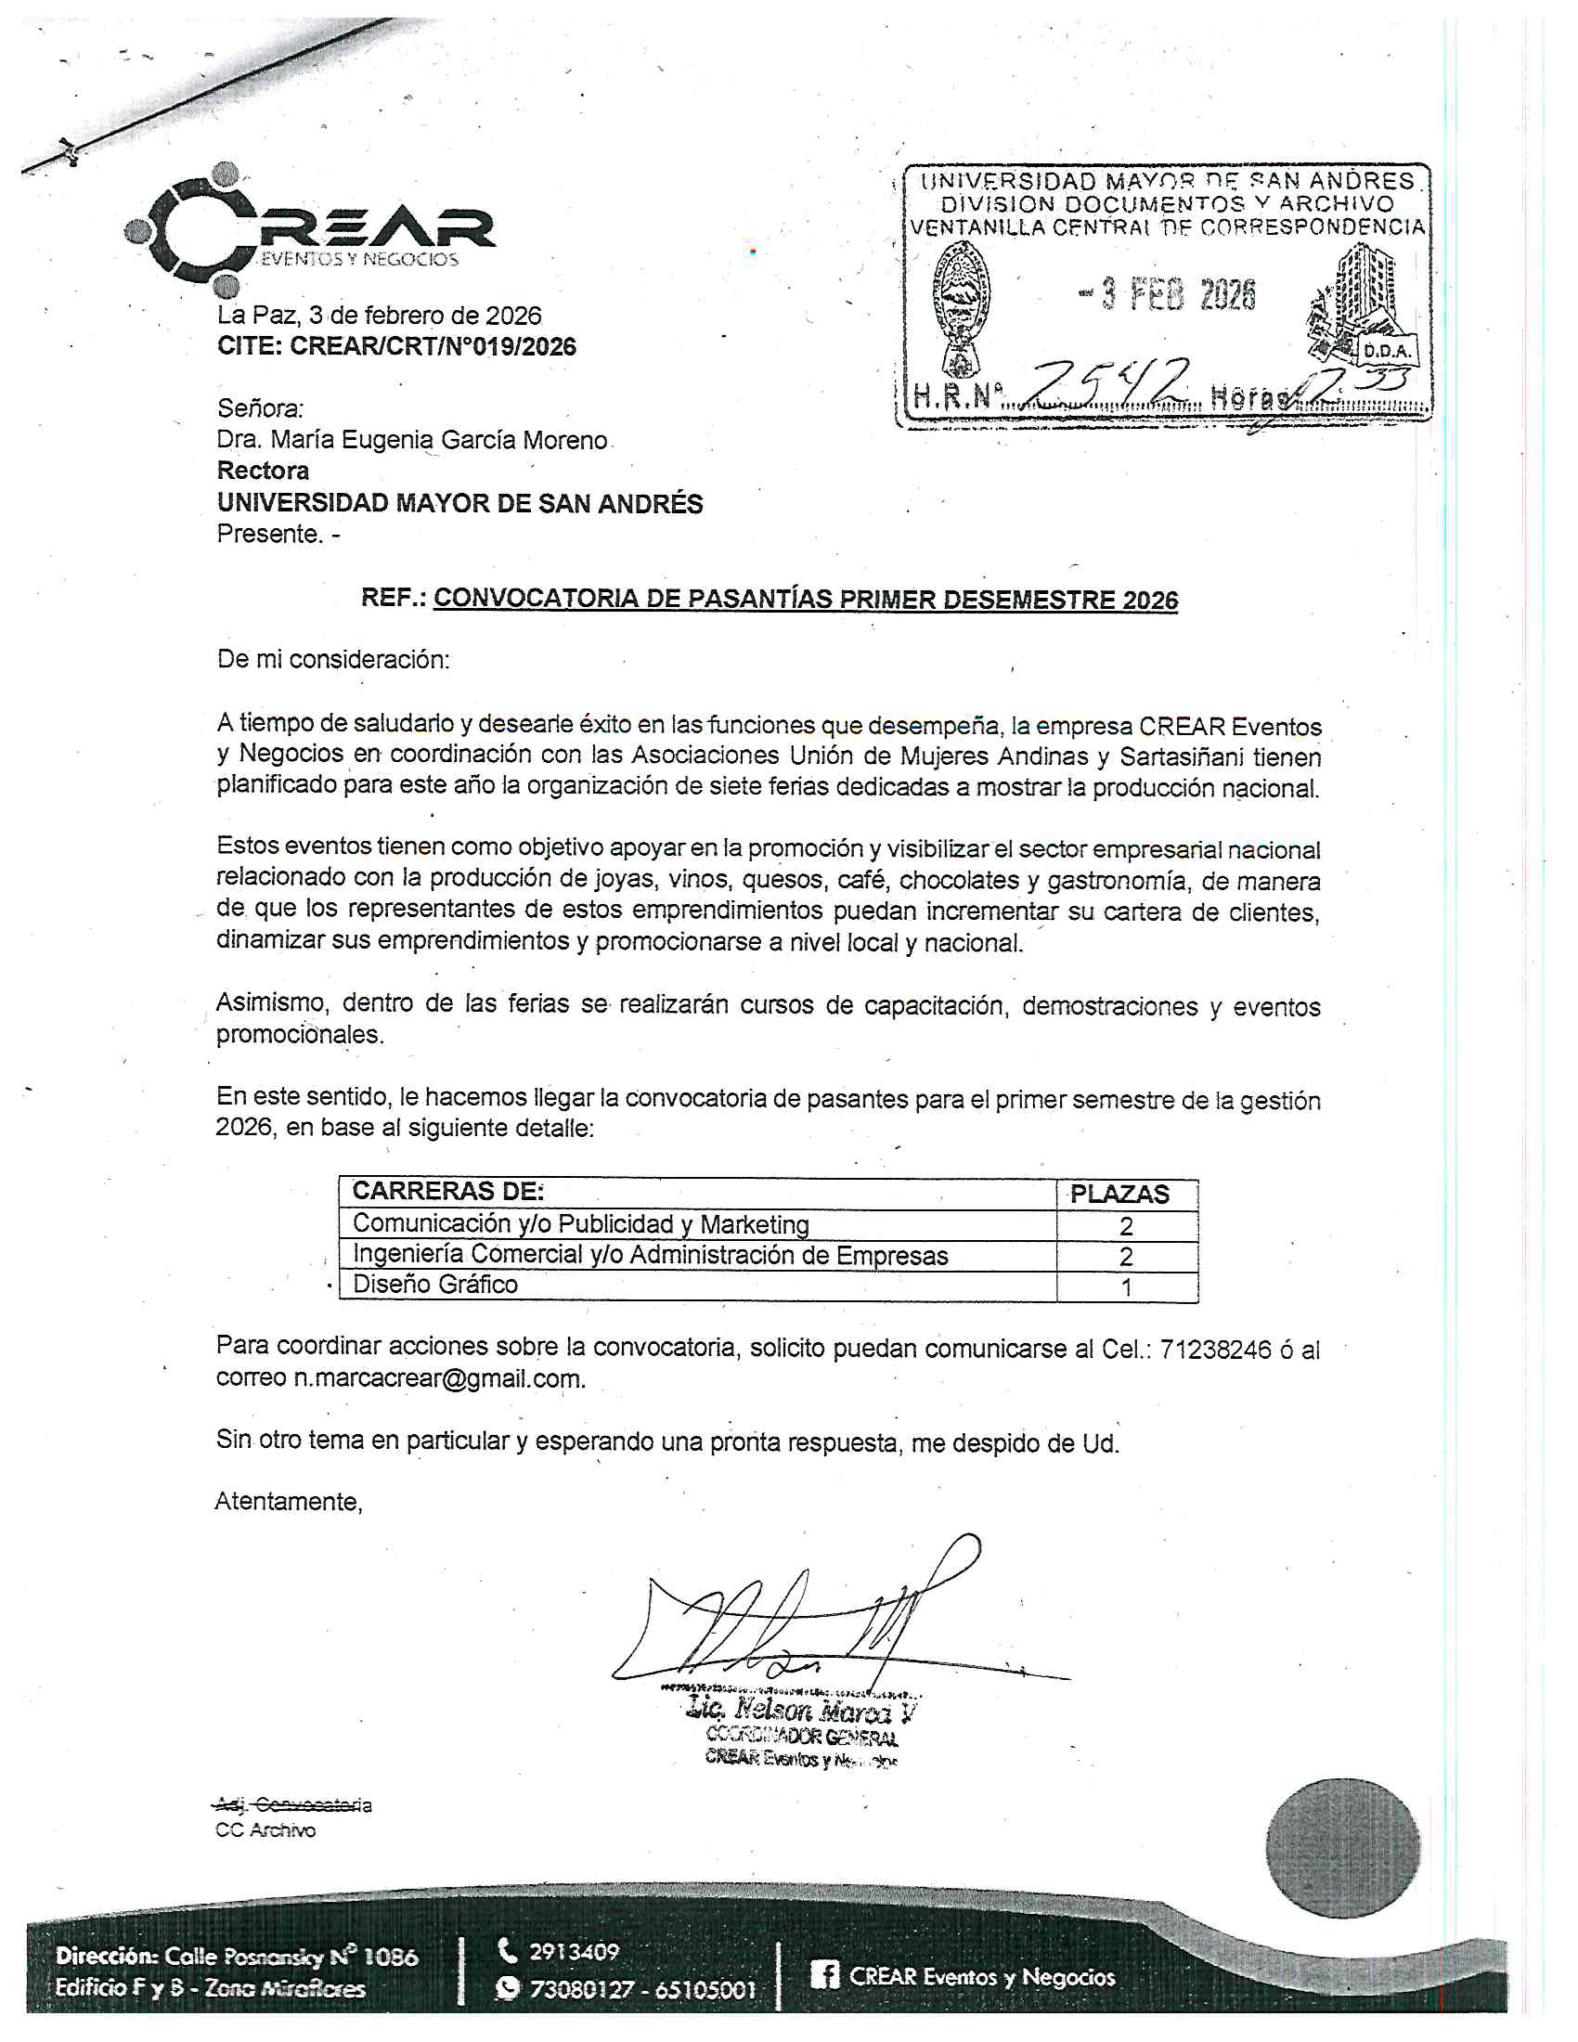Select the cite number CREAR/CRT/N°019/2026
click(433, 347)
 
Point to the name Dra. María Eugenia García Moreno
click(411, 440)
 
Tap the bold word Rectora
click(263, 471)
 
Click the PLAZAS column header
click(1119, 1194)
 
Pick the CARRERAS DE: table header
click(447, 1191)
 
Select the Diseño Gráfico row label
click(434, 1285)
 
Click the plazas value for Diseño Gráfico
click(1127, 1287)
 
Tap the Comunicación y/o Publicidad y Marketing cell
click(580, 1224)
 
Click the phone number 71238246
click(1215, 1350)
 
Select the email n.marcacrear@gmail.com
click(439, 1379)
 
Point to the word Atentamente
click(288, 1502)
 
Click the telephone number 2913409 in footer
click(574, 1951)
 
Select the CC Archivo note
click(265, 1829)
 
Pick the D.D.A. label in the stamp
click(1388, 352)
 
